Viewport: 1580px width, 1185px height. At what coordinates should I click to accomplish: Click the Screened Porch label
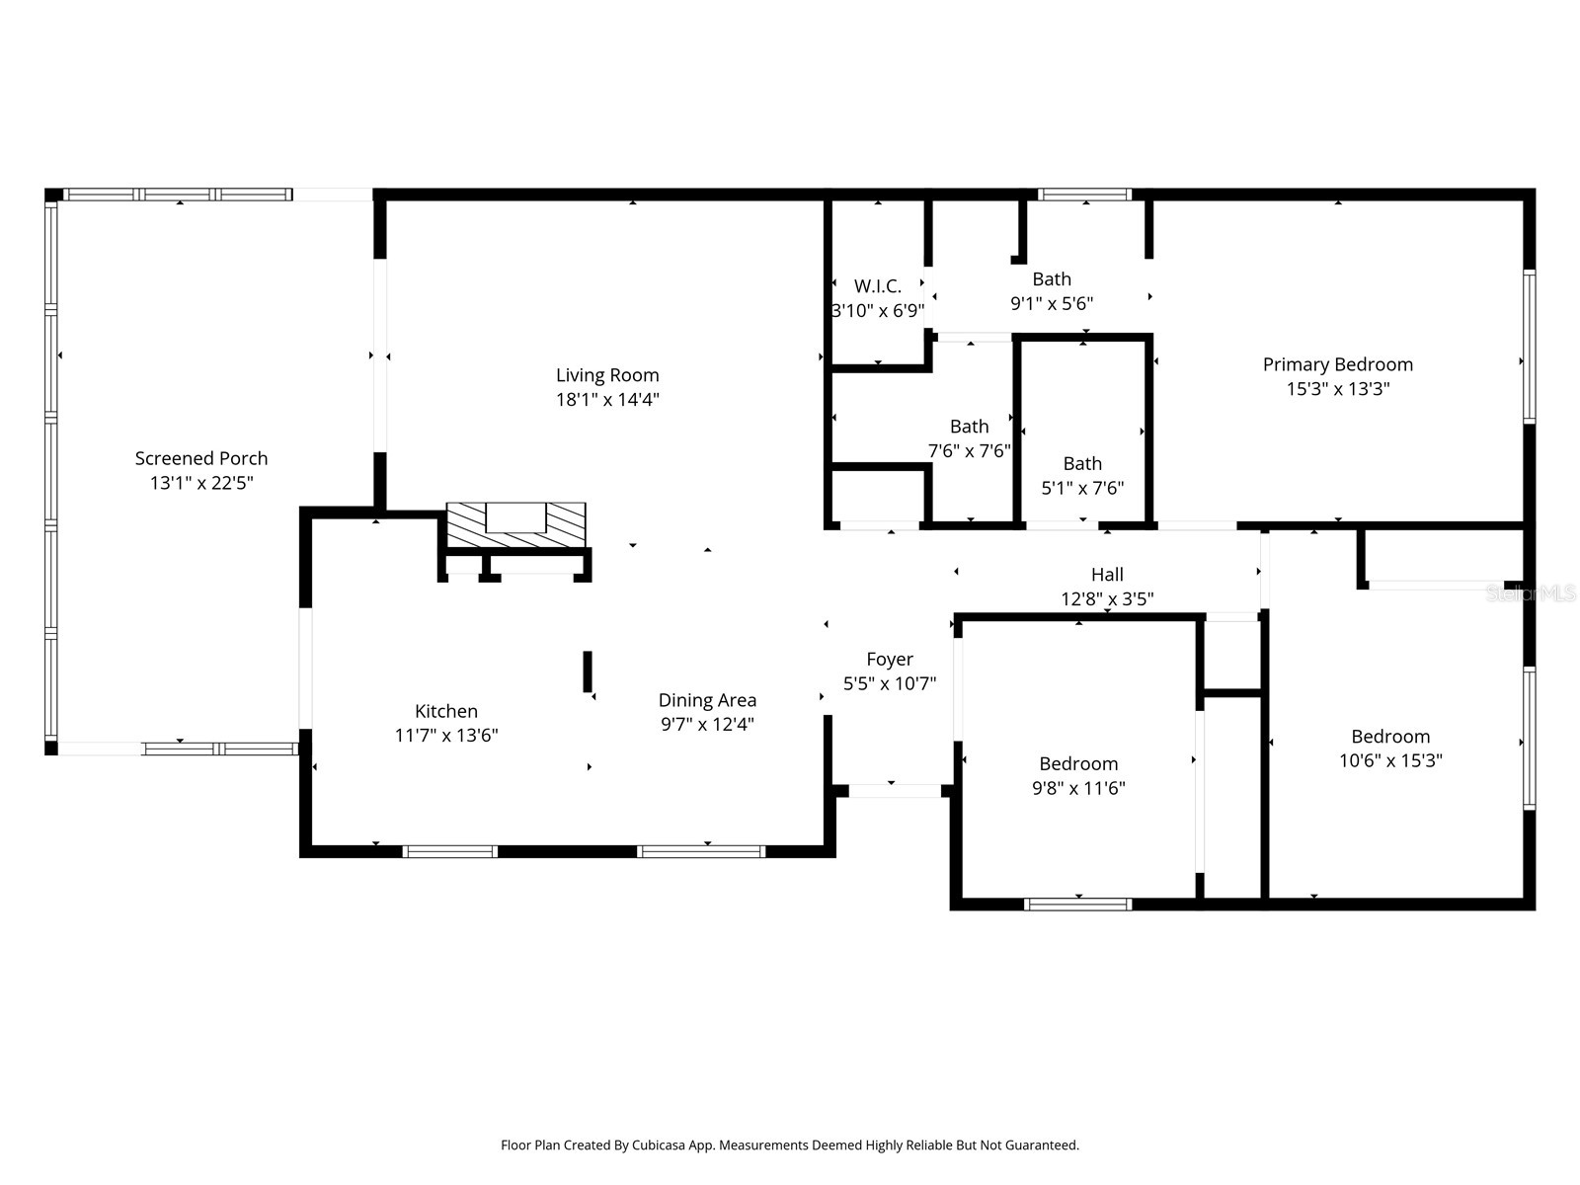[201, 458]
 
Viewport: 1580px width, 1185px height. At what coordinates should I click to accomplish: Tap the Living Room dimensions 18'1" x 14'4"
[607, 400]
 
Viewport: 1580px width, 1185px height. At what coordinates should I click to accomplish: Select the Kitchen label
[446, 711]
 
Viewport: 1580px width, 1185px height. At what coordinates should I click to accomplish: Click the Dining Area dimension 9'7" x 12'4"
[707, 725]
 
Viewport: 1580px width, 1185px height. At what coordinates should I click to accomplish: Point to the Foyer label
[890, 659]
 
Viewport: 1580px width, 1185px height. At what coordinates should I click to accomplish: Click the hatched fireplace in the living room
[515, 524]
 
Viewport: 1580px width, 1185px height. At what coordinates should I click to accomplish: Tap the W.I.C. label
[878, 286]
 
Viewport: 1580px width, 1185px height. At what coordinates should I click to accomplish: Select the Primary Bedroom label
[1337, 364]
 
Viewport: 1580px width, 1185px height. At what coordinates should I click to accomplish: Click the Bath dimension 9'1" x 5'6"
[1052, 304]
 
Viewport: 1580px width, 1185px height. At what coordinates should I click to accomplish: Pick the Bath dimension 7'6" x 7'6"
[969, 451]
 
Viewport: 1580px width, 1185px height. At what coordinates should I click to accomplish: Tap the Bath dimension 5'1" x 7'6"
[1082, 488]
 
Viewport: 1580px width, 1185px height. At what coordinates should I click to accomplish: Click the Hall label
[1107, 574]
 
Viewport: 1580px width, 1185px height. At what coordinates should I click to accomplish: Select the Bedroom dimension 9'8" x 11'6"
[1078, 788]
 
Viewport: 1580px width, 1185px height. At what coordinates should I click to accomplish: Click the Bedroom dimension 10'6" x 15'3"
[1390, 760]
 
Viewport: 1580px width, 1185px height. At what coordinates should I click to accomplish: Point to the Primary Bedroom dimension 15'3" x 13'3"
[1337, 389]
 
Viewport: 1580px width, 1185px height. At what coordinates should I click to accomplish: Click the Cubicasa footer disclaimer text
[790, 1145]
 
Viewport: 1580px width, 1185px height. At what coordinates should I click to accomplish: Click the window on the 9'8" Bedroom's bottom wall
[1078, 904]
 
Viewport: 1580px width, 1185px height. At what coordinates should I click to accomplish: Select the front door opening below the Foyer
[895, 790]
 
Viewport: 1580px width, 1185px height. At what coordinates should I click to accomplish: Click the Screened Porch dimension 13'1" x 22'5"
[201, 483]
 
